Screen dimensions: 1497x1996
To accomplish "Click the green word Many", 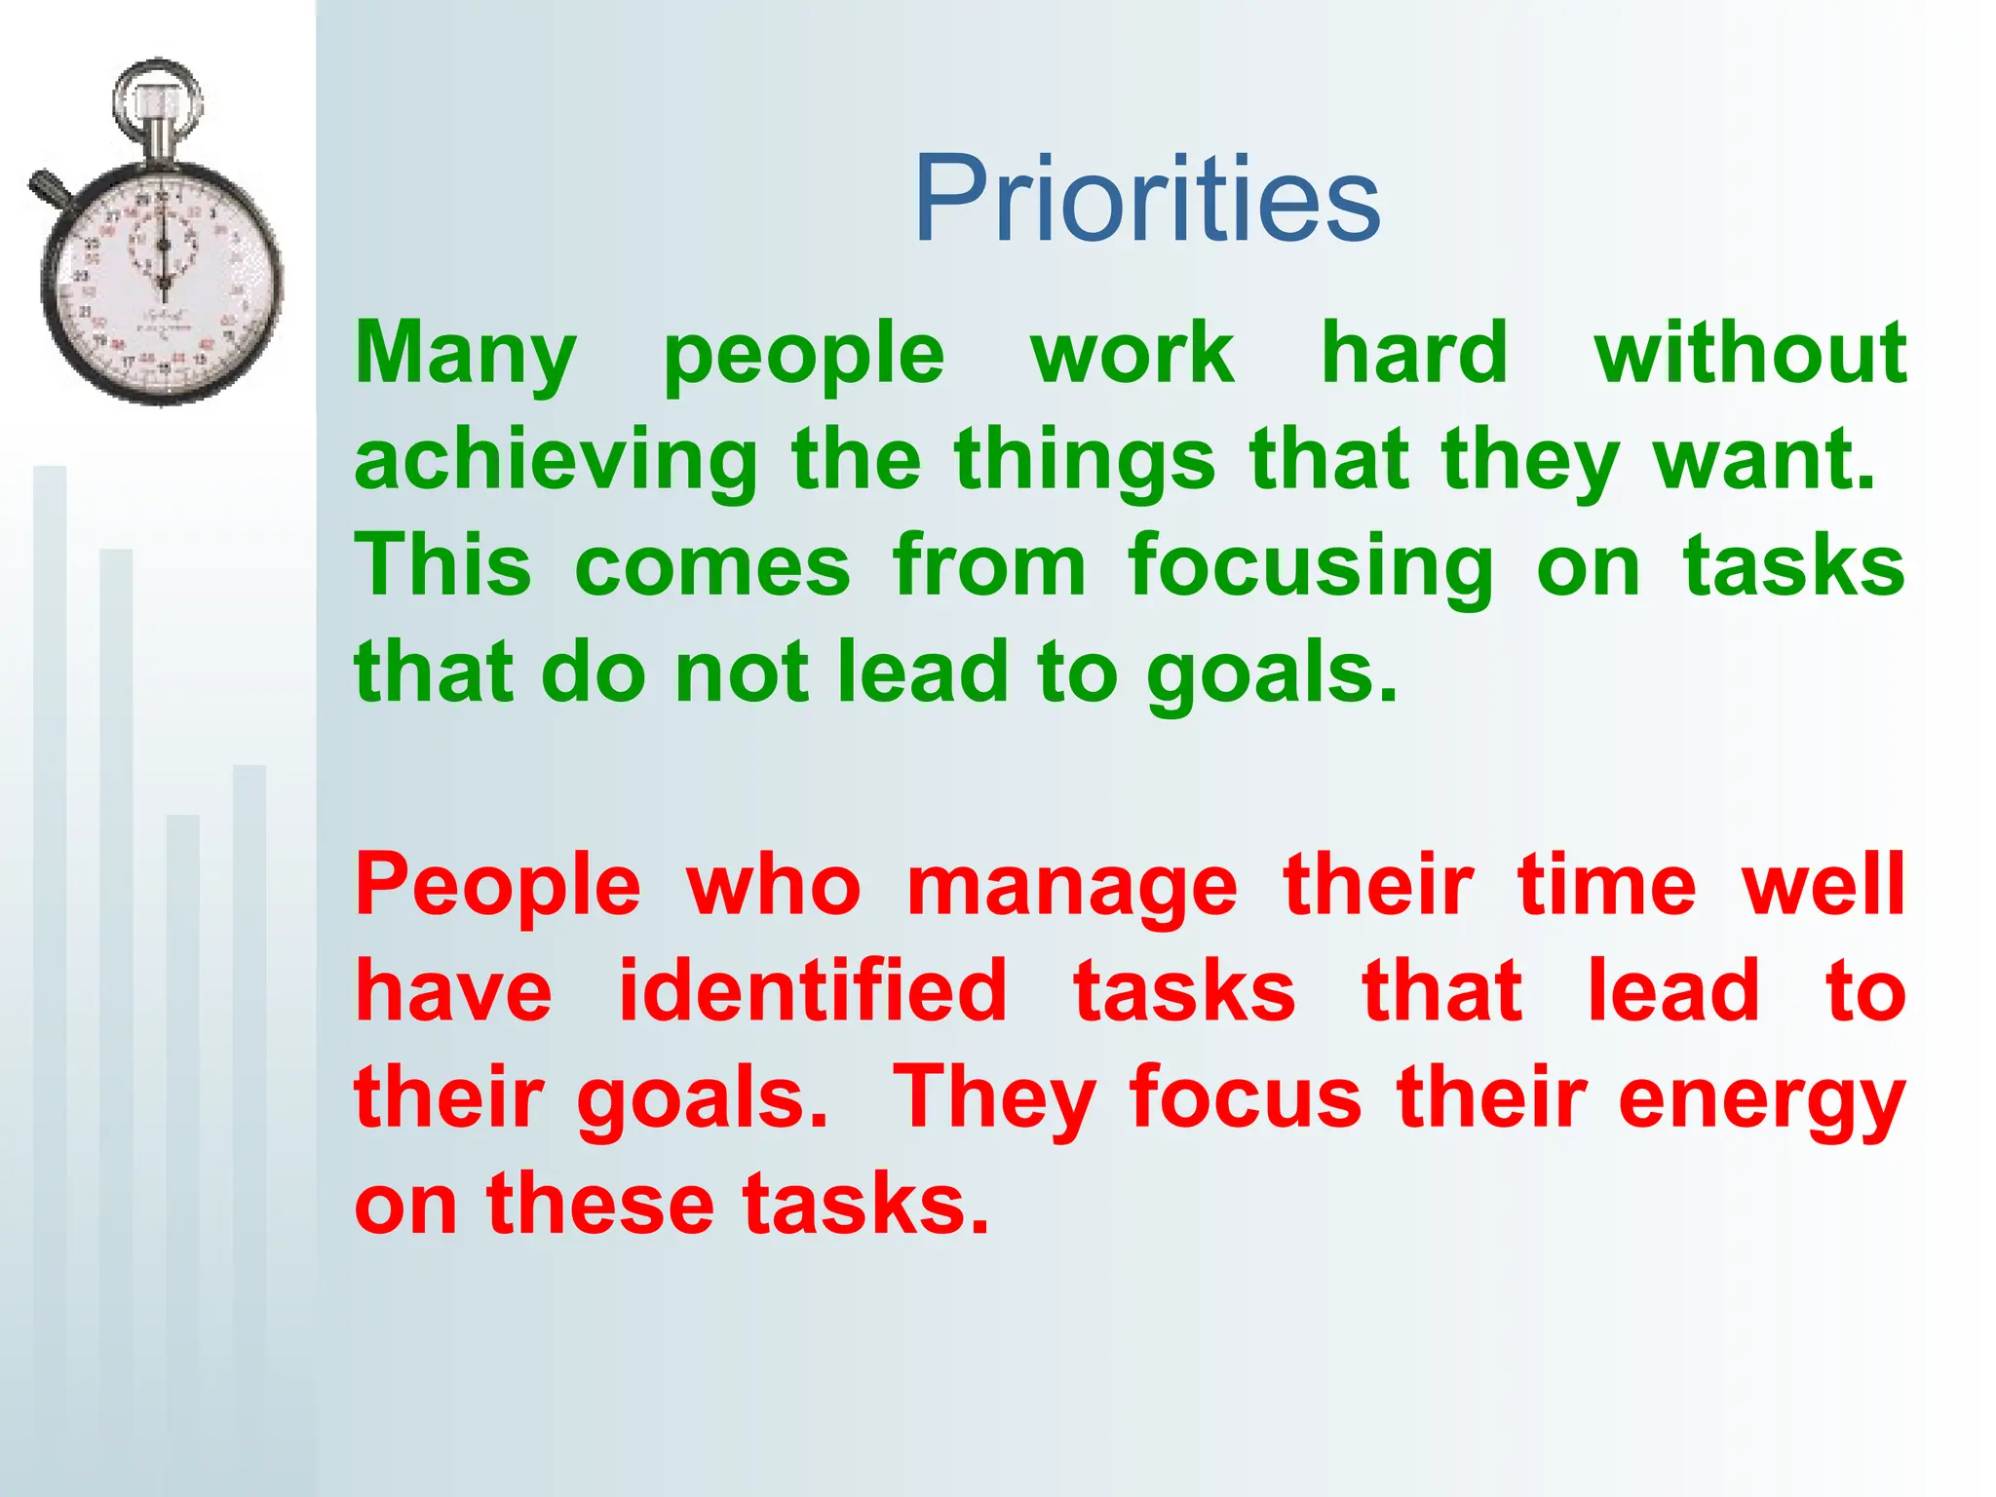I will point(466,355).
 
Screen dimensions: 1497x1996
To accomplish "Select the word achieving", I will point(556,462).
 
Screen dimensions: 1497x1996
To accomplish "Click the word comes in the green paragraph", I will point(712,567).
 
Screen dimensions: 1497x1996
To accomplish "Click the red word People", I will point(498,887).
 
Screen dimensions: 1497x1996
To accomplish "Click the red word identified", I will point(813,992).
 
